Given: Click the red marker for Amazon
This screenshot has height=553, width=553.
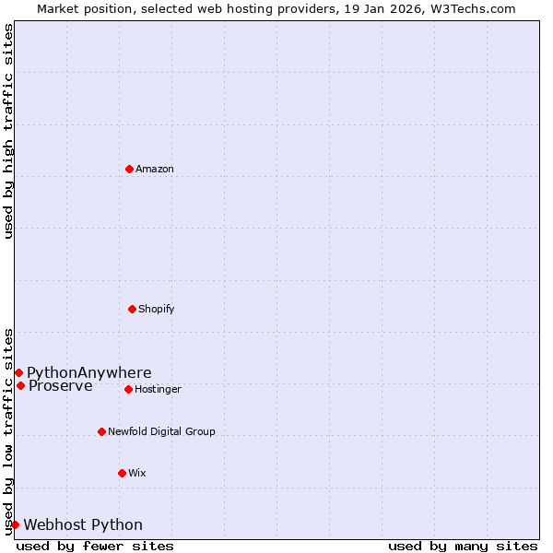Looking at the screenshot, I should coord(129,169).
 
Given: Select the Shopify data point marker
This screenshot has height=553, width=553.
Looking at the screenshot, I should coord(132,309).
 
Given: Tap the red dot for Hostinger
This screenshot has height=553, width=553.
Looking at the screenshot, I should coord(128,389).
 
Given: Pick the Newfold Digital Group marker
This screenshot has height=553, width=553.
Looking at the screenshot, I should coord(101,431).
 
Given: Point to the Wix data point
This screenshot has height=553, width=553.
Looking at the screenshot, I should coord(122,473).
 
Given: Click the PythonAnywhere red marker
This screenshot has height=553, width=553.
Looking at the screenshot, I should coord(18,372).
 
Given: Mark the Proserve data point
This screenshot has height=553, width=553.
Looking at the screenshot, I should coord(20,385).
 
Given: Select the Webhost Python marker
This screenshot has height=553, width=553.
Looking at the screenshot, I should coord(15,524).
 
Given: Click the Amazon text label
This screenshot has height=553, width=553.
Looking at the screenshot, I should coord(155,170).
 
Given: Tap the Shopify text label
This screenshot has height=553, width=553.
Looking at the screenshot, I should coord(157,310).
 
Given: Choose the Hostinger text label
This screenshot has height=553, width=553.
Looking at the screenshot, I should coord(158,390).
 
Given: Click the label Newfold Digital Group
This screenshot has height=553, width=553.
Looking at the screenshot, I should coord(161,432).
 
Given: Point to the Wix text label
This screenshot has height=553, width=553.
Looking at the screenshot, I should coord(137,474).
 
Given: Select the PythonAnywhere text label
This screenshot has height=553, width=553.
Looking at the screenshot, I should coord(89,373).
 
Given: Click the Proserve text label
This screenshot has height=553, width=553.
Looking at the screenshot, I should coord(61,386).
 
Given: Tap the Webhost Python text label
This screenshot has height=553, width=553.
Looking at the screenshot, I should coord(83,525).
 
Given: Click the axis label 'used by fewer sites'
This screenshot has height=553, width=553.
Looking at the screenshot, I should coord(95,546).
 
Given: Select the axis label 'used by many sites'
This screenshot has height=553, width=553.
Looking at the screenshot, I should coord(463,546).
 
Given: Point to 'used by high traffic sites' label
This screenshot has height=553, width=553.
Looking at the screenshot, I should coord(9,131).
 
